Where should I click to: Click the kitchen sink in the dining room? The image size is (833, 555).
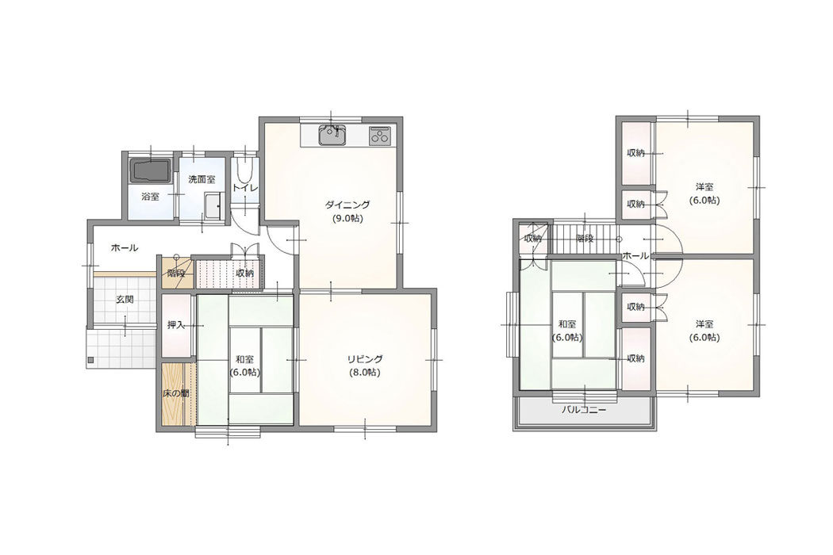(x=332, y=136)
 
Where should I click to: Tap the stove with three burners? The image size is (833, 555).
(x=380, y=136)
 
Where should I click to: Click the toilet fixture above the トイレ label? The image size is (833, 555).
(x=245, y=171)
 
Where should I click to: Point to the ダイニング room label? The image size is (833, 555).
(x=347, y=205)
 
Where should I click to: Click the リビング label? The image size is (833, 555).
(x=365, y=359)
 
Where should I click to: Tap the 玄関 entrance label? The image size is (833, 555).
(x=125, y=299)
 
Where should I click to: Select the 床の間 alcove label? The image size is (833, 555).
(x=176, y=393)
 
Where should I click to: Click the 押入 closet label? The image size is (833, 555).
(x=176, y=324)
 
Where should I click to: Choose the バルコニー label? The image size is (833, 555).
(x=585, y=410)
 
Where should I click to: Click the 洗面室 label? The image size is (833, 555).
(x=202, y=179)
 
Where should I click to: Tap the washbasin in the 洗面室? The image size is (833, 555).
(x=213, y=206)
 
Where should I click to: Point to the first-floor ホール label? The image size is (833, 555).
(x=125, y=247)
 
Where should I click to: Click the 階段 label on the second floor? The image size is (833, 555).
(x=585, y=239)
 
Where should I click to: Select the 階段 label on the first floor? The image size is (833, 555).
(x=176, y=274)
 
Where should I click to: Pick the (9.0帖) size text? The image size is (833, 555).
(x=347, y=218)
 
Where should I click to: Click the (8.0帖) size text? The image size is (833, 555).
(x=365, y=373)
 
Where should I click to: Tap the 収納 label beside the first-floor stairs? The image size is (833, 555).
(x=245, y=273)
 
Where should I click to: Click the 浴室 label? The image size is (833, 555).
(x=150, y=197)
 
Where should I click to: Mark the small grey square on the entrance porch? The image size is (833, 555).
(x=90, y=361)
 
